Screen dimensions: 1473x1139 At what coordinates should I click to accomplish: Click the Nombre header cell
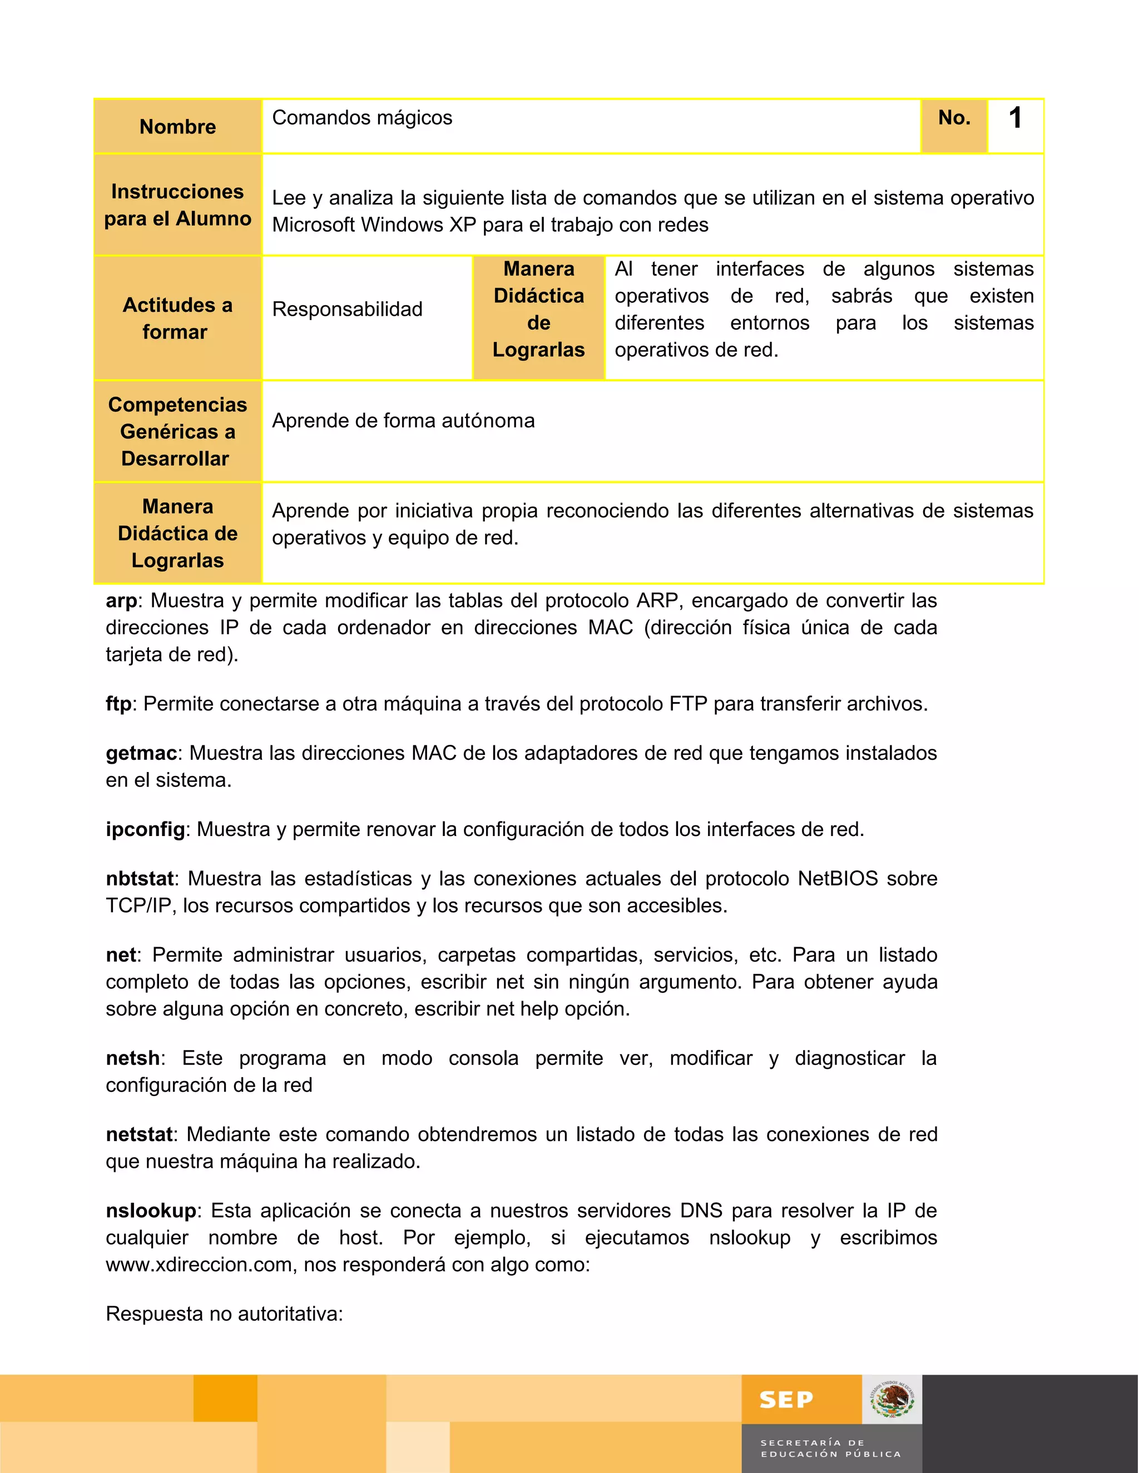[x=177, y=127]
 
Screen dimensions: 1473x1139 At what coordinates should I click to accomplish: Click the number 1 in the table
[x=1015, y=119]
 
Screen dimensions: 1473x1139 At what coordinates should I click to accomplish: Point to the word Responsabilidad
[x=347, y=310]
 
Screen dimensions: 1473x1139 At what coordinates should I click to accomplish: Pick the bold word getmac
[x=142, y=753]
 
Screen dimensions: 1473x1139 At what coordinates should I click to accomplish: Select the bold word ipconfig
[x=145, y=829]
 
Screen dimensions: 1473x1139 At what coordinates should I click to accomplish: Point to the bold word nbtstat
[x=140, y=879]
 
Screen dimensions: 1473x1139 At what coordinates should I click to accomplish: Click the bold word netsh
[x=133, y=1058]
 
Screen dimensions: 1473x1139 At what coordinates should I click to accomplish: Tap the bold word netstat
[x=139, y=1134]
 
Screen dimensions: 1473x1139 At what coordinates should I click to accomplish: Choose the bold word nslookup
[x=151, y=1211]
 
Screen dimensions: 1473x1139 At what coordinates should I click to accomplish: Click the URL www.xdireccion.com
[x=199, y=1265]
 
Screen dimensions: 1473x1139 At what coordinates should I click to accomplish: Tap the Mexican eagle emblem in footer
[x=892, y=1400]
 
